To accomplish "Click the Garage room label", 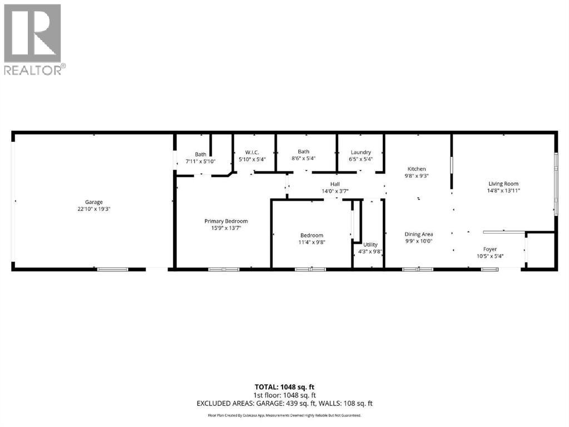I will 93,202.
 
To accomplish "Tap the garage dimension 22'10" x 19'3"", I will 93,209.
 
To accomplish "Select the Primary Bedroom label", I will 225,221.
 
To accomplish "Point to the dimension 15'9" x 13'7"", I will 225,228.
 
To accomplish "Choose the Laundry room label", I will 360,152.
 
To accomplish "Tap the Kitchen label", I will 417,168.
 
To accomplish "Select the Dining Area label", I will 418,234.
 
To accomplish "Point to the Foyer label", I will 490,249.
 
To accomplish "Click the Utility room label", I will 370,245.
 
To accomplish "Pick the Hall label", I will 335,184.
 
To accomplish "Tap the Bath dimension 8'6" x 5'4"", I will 303,158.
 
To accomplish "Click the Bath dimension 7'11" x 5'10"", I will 200,161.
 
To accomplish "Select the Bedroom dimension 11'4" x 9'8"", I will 311,242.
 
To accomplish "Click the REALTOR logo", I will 33,39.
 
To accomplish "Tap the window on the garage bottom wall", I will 112,270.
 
